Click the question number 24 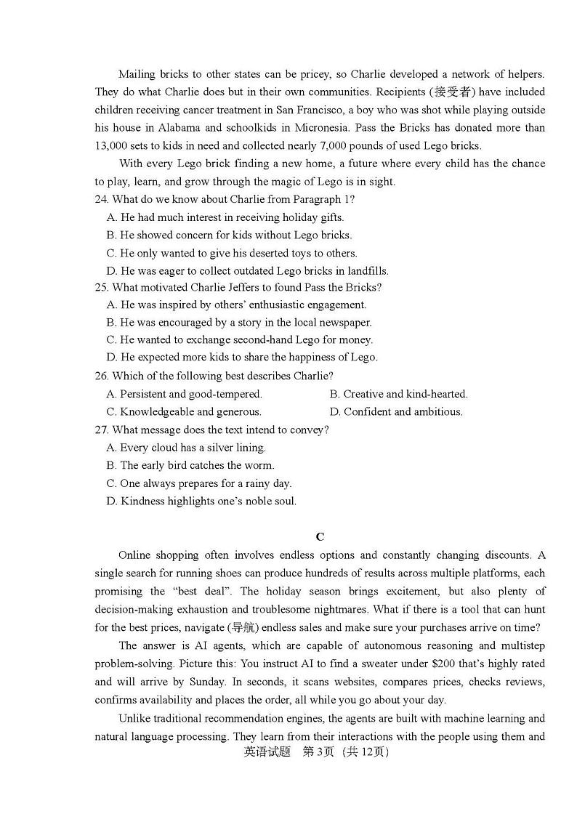(x=102, y=199)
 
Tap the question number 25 (x=102, y=287)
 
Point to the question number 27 (x=102, y=430)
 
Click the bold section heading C (x=320, y=537)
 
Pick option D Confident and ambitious (x=396, y=411)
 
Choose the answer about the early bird (x=190, y=465)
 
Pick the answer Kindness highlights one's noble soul (x=201, y=501)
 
